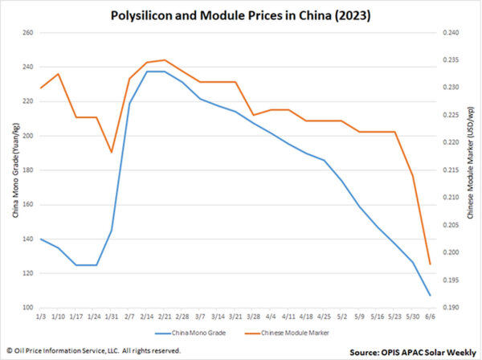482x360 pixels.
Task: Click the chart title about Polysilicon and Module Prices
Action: tap(241, 15)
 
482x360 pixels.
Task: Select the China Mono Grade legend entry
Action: tap(191, 332)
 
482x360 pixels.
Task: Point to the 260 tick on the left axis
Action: tap(26, 33)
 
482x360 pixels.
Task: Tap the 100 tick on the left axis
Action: tap(26, 308)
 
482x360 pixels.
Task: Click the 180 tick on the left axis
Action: tap(26, 170)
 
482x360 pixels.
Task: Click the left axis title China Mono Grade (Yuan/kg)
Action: tap(10, 170)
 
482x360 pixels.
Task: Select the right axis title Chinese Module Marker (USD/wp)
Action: tap(470, 170)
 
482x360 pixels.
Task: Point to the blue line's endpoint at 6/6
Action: tap(430, 296)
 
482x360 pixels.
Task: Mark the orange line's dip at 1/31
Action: tap(111, 152)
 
